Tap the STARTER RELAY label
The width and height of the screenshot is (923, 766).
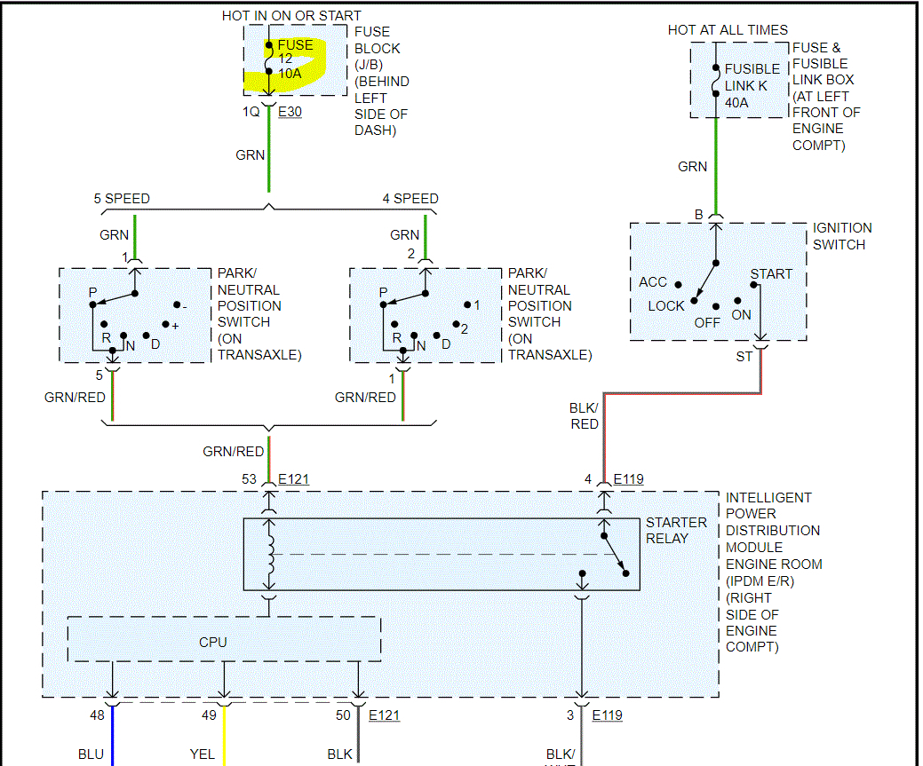pos(676,530)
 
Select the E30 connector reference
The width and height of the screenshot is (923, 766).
pos(290,113)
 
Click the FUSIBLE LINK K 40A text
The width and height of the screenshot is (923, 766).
pos(752,85)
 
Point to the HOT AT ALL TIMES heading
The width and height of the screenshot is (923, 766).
pos(728,30)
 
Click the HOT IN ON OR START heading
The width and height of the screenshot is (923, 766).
pos(291,15)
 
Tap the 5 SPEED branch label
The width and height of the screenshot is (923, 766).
pos(122,199)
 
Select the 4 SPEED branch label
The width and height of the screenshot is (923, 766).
pos(410,199)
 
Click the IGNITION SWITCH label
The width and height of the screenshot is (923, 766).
pos(842,236)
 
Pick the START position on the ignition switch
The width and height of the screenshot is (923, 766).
pos(770,274)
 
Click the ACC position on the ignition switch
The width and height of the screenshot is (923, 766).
pos(653,282)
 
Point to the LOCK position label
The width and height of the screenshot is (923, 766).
pos(666,306)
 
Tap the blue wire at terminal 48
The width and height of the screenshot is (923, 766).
pos(113,741)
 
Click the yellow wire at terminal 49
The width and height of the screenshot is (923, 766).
pos(223,741)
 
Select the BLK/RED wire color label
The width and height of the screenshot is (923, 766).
pos(585,415)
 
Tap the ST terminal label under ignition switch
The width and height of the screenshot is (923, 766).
pos(744,357)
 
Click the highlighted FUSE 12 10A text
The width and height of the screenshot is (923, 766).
pos(290,59)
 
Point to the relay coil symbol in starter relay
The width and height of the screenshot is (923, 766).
pos(269,555)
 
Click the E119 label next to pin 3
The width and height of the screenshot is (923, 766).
pos(608,715)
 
